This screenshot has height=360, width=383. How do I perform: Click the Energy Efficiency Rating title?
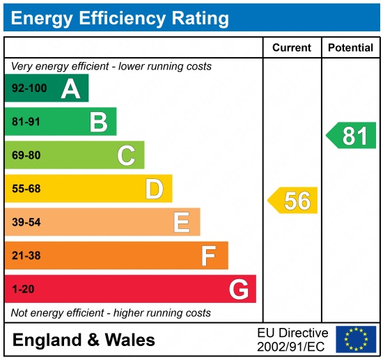[120, 17]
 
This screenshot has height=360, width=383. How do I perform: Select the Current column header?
[291, 48]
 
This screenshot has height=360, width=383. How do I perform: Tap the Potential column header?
[351, 48]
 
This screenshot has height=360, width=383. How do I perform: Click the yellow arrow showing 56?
[293, 201]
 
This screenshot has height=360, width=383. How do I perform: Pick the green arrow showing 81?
[352, 135]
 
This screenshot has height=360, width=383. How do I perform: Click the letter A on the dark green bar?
[70, 88]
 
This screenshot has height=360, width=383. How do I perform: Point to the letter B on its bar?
[98, 122]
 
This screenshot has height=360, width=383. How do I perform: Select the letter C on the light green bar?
[126, 155]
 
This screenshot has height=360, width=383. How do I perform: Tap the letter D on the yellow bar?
[154, 189]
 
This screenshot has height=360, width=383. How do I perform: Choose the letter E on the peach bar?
[182, 222]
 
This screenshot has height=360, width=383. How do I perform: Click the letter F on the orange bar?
[208, 256]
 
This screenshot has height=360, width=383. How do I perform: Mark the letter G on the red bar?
[238, 289]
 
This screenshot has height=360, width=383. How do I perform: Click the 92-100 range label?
[29, 89]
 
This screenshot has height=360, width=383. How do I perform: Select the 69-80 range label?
[26, 156]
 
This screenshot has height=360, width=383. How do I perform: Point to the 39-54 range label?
[26, 223]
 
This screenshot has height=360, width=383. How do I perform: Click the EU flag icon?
[356, 339]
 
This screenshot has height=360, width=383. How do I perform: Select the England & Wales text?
[84, 341]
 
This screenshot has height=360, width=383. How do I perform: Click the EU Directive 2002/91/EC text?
[292, 340]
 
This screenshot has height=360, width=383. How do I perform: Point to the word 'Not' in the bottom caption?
[19, 313]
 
